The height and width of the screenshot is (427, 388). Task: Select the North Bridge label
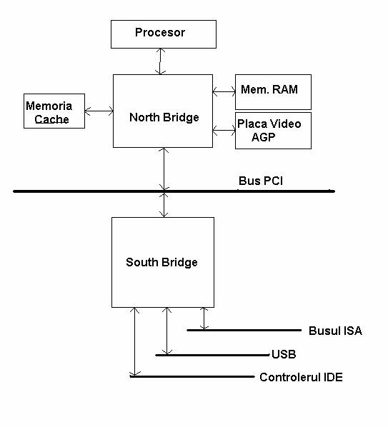click(164, 118)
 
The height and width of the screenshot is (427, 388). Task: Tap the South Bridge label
click(161, 263)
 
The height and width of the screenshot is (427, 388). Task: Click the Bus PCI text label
click(261, 181)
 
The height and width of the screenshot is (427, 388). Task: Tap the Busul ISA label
click(335, 331)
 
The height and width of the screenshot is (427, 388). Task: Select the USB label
click(284, 354)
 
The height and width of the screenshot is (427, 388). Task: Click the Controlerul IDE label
click(301, 377)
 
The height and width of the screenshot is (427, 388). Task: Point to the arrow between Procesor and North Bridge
click(160, 61)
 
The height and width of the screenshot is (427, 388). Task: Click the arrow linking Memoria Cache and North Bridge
click(99, 111)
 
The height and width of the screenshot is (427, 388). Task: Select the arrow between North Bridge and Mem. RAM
click(224, 91)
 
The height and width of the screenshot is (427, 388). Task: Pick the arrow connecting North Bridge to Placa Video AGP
click(224, 131)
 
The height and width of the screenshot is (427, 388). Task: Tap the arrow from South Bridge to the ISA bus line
click(204, 318)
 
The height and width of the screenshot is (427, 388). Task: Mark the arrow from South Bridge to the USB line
click(166, 331)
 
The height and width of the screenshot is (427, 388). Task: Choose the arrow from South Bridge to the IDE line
click(134, 342)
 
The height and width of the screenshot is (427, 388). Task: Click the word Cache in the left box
click(51, 119)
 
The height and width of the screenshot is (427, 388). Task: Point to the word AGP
click(263, 137)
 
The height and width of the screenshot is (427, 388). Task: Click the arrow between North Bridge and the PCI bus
click(164, 169)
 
